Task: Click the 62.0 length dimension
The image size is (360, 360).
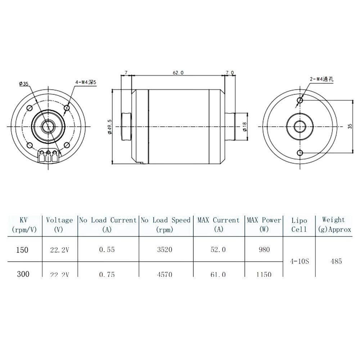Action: [x=178, y=73]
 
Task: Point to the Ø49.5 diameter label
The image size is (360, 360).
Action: [x=109, y=127]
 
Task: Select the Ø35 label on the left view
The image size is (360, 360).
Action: [x=24, y=84]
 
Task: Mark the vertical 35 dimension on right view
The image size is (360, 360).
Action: [x=350, y=126]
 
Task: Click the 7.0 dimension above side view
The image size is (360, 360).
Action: [x=229, y=73]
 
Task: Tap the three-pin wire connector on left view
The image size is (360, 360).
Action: [x=48, y=156]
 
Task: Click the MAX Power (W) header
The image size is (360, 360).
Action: [x=264, y=225]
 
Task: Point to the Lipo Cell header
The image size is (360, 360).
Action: [x=299, y=225]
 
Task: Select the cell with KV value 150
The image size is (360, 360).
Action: [x=23, y=249]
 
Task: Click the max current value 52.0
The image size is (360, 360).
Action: [x=219, y=249]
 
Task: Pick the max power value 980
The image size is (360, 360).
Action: [x=264, y=249]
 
